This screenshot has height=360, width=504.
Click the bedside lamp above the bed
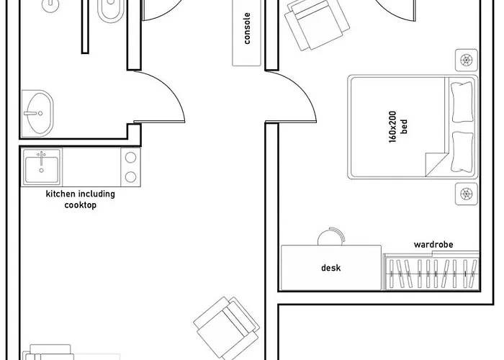[x=466, y=59]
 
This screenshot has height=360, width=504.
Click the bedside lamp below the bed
[x=466, y=193]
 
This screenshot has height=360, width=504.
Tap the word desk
[x=330, y=269]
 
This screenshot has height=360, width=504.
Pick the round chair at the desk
[x=330, y=237]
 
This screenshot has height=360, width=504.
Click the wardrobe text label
[x=433, y=245]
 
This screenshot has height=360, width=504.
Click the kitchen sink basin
[x=42, y=167]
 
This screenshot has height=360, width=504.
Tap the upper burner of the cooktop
[x=130, y=158]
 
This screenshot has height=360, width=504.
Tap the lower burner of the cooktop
[x=130, y=176]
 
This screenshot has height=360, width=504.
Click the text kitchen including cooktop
[x=80, y=199]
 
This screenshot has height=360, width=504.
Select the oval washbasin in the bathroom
[x=37, y=112]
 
